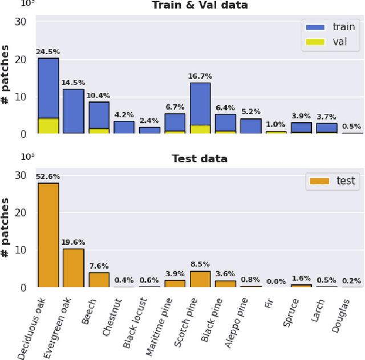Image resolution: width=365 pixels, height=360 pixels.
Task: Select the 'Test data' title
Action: pyautogui.click(x=200, y=159)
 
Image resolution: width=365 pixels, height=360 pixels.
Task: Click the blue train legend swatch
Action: pyautogui.click(x=314, y=27)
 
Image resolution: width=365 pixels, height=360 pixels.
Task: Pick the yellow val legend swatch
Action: pyautogui.click(x=314, y=42)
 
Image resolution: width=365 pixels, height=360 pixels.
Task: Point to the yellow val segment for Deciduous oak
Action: pyautogui.click(x=48, y=126)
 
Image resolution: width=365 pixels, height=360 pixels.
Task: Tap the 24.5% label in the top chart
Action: pyautogui.click(x=48, y=52)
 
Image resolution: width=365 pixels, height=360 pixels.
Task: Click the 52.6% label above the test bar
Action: pyautogui.click(x=48, y=177)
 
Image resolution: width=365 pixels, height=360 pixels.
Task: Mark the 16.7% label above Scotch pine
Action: pyautogui.click(x=200, y=76)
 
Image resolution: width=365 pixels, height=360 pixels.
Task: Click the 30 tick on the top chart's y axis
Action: pyautogui.click(x=21, y=22)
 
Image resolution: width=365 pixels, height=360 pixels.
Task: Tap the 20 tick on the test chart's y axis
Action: pyautogui.click(x=21, y=213)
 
